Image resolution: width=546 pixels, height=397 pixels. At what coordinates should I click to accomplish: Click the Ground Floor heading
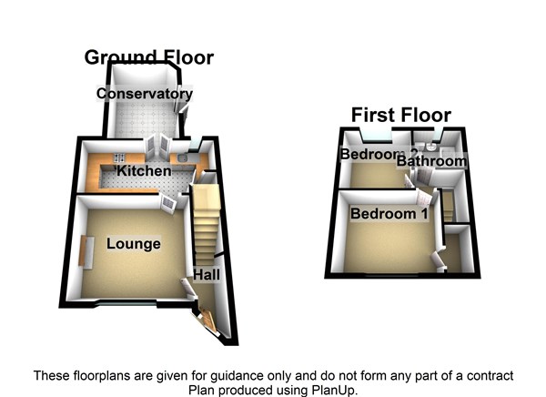click(149, 57)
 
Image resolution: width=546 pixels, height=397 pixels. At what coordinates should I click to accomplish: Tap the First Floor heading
click(401, 115)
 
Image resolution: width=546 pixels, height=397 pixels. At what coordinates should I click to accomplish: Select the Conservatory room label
click(145, 94)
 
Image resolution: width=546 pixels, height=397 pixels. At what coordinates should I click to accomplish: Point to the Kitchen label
click(144, 171)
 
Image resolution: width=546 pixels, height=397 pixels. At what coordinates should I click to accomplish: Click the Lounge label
click(134, 244)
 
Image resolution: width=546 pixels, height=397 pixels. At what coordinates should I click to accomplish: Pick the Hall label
click(207, 275)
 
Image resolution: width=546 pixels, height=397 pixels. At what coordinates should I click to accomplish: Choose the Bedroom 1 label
click(389, 214)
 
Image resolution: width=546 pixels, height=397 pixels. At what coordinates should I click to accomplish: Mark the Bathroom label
click(431, 161)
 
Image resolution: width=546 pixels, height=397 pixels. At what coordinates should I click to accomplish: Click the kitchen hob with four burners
click(119, 158)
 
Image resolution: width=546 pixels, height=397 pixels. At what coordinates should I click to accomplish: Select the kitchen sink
click(183, 159)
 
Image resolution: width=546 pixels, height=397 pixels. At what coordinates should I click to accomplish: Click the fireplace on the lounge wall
click(86, 252)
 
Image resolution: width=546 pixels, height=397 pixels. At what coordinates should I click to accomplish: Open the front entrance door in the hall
click(206, 320)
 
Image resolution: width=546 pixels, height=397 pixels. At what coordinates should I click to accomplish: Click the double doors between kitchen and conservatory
click(157, 147)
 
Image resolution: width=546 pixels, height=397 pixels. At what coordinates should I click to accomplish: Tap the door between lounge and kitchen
click(168, 203)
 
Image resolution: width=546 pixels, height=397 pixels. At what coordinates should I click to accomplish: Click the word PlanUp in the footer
click(332, 390)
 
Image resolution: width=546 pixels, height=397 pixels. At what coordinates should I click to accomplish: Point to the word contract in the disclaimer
click(490, 376)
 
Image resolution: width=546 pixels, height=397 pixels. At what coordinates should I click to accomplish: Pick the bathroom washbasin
click(431, 148)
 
